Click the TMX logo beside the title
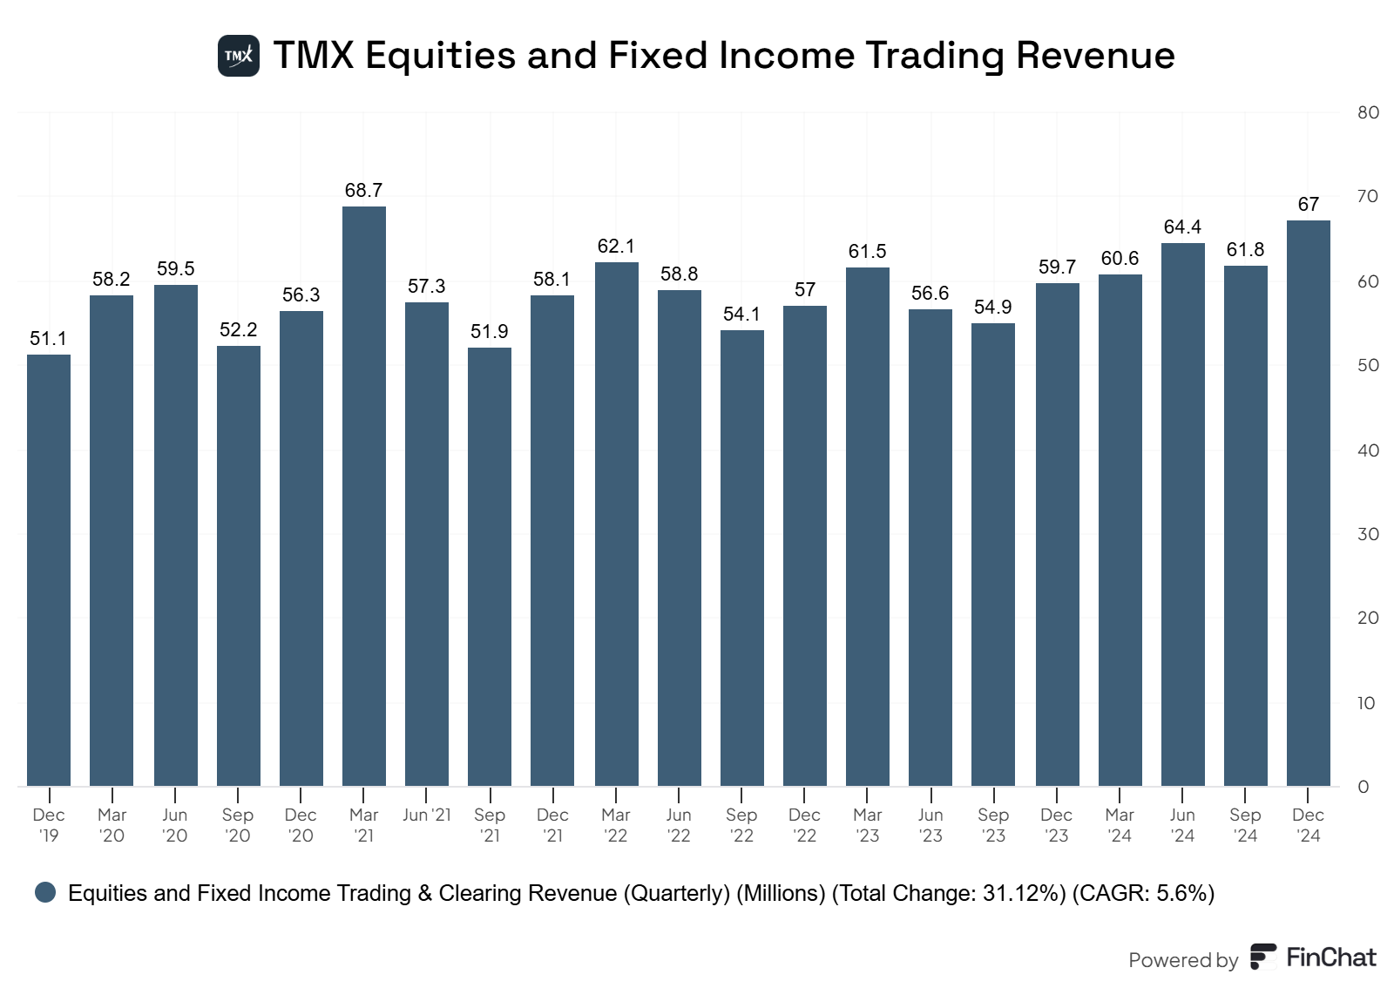[x=238, y=56]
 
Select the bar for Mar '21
[x=364, y=497]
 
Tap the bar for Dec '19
[x=49, y=571]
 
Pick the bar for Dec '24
[x=1308, y=504]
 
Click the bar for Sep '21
[x=490, y=567]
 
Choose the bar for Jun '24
[x=1182, y=515]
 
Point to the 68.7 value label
[x=363, y=190]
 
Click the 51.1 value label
[x=48, y=338]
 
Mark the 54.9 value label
[x=992, y=307]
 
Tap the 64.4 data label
[x=1182, y=227]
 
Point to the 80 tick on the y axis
[x=1368, y=112]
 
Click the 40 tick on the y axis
[x=1368, y=450]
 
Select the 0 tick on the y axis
[x=1364, y=787]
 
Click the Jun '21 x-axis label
[x=427, y=815]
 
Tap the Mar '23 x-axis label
[x=867, y=825]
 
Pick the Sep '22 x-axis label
[x=741, y=825]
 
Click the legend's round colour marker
[x=45, y=892]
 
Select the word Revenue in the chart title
[x=1095, y=56]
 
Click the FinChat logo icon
[x=1263, y=957]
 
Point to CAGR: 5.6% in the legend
[x=1143, y=893]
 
